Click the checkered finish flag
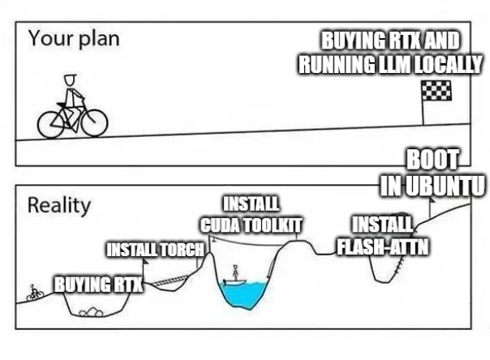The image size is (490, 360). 436,91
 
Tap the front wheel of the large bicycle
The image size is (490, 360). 95,123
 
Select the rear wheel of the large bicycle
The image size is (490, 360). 51,125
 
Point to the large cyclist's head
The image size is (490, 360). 71,80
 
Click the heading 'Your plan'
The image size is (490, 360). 74,39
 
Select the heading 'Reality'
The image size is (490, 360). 59,205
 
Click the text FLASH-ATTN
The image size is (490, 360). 382,247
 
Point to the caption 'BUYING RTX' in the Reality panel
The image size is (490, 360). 99,285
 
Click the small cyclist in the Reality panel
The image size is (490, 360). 34,293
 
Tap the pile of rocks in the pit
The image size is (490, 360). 91,312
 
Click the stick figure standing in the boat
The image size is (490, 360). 235,272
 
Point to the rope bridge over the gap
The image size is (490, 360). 170,281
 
